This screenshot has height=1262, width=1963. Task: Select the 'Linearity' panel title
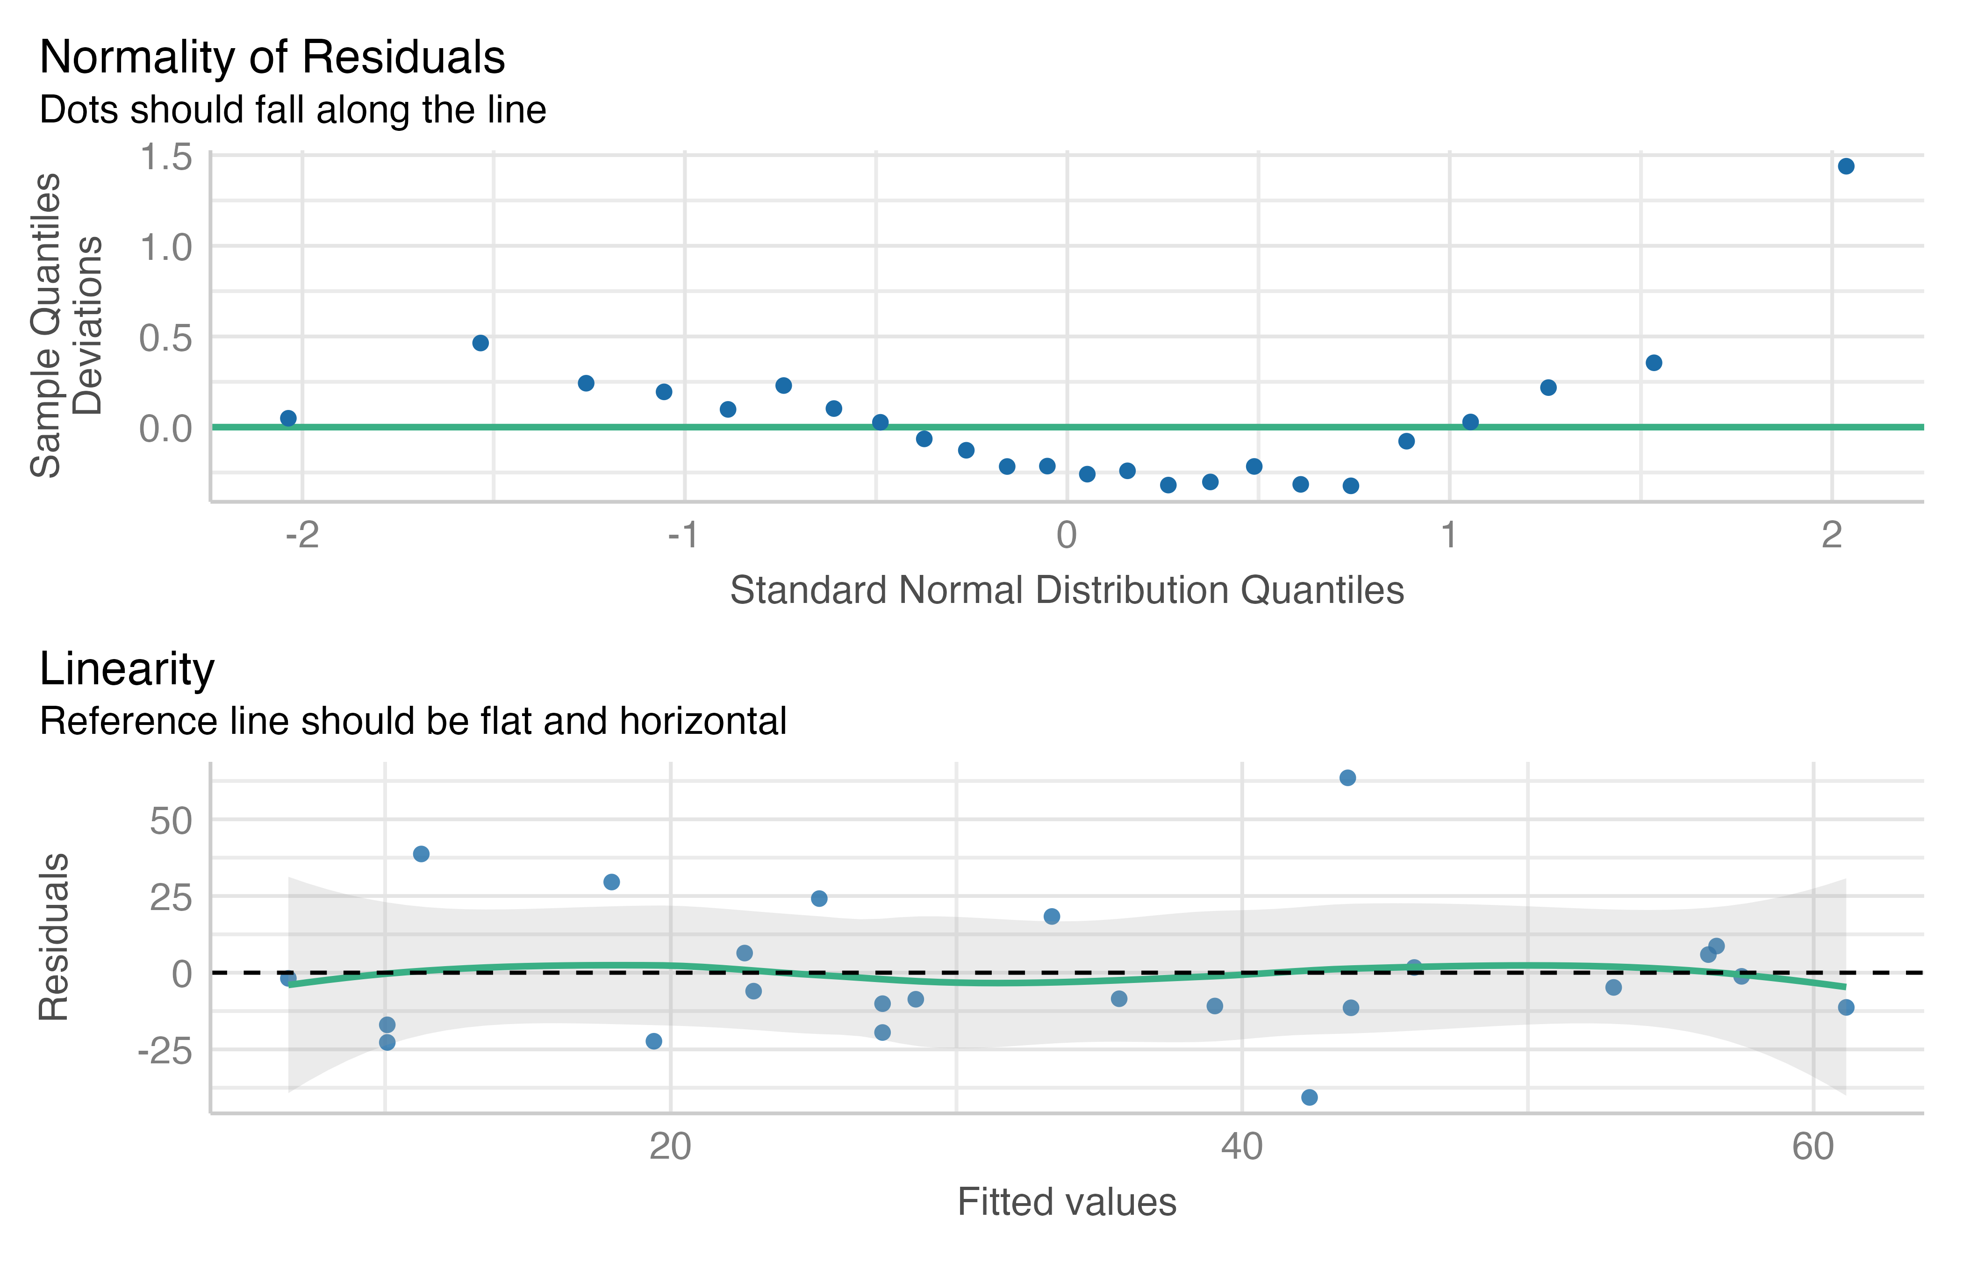127,669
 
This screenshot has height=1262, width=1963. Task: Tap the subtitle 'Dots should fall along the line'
293,110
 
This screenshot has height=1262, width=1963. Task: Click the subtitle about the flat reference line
413,721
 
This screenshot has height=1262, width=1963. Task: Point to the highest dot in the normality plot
1846,166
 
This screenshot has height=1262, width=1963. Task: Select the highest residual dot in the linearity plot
1348,778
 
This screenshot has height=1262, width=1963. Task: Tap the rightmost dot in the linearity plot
1846,1007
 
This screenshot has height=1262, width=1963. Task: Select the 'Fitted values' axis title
1067,1202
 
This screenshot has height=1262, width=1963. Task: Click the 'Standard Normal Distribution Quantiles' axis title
1067,590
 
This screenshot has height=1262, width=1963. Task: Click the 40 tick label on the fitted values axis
1242,1147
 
